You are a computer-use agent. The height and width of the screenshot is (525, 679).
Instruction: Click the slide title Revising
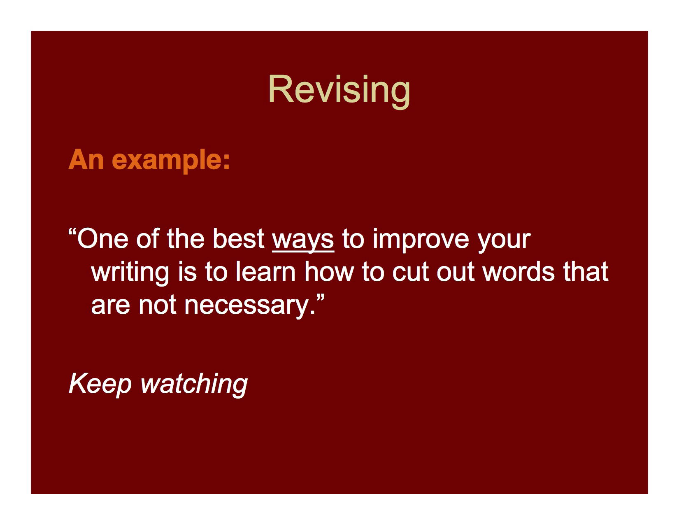339,89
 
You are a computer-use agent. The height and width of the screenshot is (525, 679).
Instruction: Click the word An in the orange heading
86,159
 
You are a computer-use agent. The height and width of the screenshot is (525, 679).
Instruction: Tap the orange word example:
171,160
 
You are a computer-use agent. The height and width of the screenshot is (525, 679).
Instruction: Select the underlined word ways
303,239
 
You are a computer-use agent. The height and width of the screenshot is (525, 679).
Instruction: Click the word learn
265,272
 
